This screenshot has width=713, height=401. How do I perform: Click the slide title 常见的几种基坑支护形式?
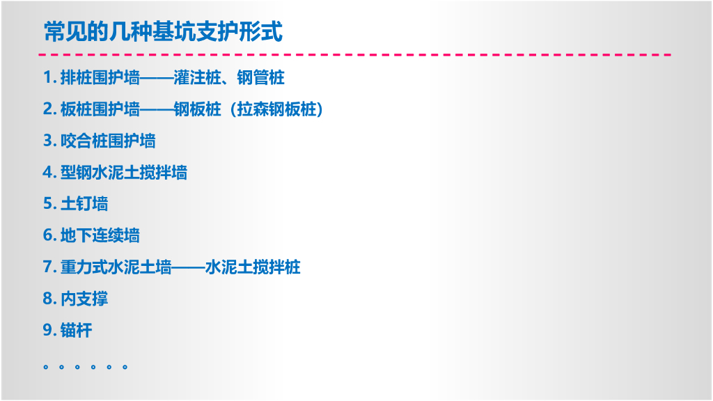pos(163,31)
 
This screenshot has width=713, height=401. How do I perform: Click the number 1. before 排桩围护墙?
pos(49,77)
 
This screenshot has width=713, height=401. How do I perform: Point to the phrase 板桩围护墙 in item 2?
pos(100,109)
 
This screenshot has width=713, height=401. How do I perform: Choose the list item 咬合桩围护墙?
pos(108,141)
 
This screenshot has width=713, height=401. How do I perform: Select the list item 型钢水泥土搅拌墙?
pos(124,172)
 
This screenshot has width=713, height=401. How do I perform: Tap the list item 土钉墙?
pos(84,204)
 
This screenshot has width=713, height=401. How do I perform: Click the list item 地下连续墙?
pos(100,235)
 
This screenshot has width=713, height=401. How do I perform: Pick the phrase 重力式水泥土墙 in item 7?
pos(116,267)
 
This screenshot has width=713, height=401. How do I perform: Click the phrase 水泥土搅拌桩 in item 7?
pos(253,267)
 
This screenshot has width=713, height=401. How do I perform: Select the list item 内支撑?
pos(84,299)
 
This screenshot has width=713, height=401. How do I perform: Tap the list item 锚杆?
pos(76,330)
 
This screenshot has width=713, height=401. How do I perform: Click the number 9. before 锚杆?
pos(49,330)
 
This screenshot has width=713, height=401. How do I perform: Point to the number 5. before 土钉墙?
pos(49,204)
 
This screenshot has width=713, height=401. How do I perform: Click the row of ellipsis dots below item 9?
pos(85,365)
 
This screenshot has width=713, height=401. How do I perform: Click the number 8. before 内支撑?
pos(49,299)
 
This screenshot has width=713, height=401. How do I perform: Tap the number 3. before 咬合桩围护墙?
pos(49,141)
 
